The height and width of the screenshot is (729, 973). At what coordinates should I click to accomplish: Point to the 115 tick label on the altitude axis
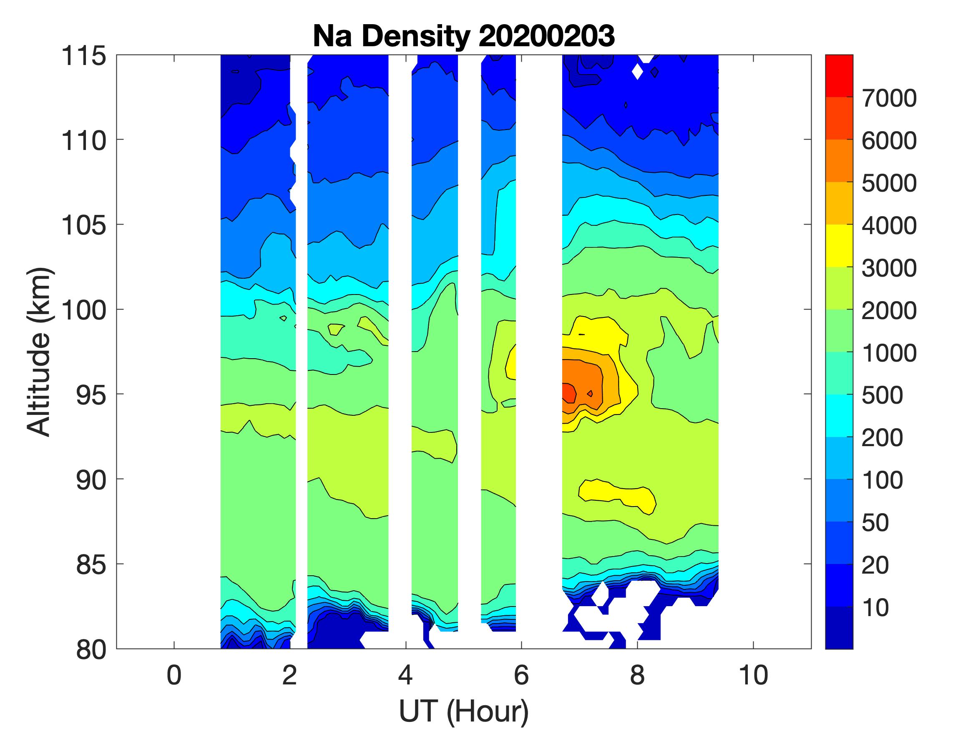(x=83, y=56)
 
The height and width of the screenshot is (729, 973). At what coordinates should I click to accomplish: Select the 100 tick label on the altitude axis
(x=83, y=310)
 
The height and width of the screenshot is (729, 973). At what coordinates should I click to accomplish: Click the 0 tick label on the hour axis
(x=174, y=675)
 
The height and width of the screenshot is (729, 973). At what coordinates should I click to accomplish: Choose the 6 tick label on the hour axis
(x=521, y=675)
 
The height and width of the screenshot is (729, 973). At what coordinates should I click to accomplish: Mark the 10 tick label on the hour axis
(x=754, y=675)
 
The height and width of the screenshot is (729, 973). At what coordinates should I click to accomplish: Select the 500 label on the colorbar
(x=882, y=395)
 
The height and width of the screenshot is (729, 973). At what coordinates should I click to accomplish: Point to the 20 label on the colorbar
(x=875, y=565)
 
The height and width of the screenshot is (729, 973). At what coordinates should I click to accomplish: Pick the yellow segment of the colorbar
(x=839, y=246)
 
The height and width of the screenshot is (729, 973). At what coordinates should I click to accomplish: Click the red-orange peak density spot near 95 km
(x=569, y=392)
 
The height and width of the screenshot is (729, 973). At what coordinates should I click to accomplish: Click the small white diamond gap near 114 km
(x=637, y=71)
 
